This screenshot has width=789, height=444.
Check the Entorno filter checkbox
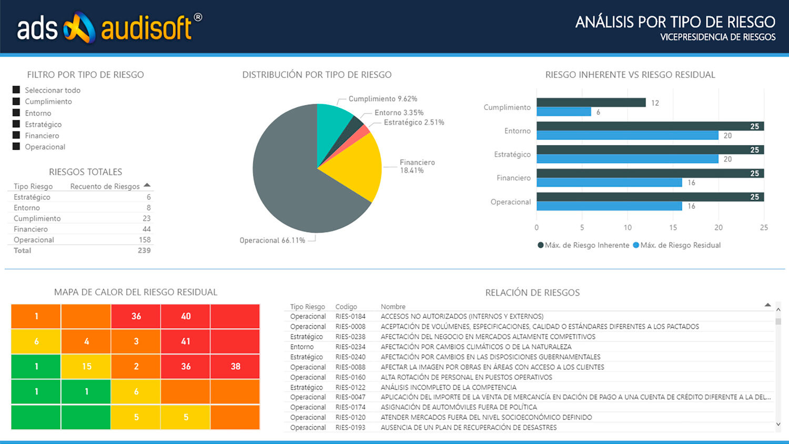16,113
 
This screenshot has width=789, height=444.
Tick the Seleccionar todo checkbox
16,90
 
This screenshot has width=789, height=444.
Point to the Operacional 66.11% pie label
272,240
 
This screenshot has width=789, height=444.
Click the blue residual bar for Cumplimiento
563,112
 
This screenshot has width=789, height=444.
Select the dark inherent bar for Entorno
650,126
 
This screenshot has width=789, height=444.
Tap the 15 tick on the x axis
673,228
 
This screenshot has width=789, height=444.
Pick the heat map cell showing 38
235,367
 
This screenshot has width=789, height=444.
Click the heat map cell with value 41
185,341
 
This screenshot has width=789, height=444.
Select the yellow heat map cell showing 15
86,367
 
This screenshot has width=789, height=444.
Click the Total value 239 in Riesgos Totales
144,250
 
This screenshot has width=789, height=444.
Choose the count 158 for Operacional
145,240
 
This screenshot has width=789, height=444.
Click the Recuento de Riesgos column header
105,186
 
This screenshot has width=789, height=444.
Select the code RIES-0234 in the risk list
350,347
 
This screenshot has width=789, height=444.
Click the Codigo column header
346,307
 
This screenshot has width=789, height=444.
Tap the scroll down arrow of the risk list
778,424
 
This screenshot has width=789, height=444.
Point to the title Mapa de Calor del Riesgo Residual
136,292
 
